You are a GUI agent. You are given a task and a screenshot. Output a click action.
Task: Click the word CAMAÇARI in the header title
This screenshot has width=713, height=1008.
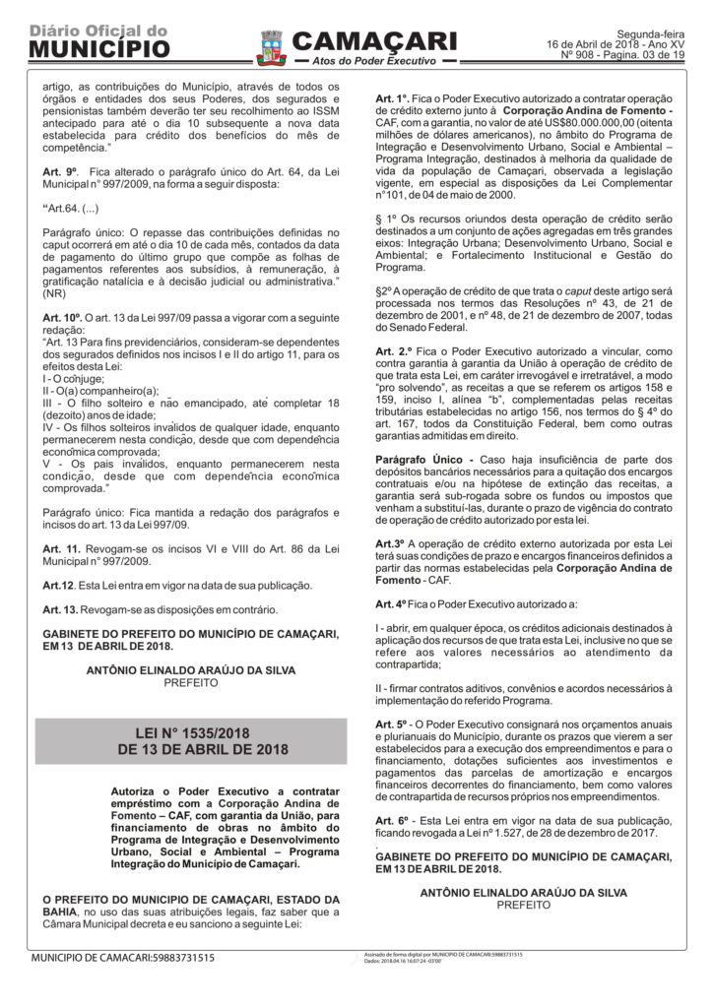[374, 40]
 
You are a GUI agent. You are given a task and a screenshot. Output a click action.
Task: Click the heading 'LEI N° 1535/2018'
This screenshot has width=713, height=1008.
[191, 732]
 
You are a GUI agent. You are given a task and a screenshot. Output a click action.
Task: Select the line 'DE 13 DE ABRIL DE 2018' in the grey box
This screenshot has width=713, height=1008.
[191, 749]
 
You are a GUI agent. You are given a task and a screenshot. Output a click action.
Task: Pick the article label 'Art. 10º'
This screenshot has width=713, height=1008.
[60, 318]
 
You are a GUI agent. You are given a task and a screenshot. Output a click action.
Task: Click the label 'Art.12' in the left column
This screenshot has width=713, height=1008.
[58, 585]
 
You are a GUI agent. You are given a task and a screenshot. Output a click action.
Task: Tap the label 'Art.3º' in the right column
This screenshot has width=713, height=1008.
[390, 543]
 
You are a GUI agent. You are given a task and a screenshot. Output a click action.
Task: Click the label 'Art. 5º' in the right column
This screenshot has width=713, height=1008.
[392, 724]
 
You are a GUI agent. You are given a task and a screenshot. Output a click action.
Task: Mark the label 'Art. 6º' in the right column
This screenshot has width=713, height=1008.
[392, 820]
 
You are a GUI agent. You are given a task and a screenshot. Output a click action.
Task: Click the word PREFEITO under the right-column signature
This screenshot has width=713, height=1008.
[523, 904]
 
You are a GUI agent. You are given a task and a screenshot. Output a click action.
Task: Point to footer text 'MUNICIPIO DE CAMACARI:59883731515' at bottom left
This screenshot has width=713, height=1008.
[122, 957]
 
